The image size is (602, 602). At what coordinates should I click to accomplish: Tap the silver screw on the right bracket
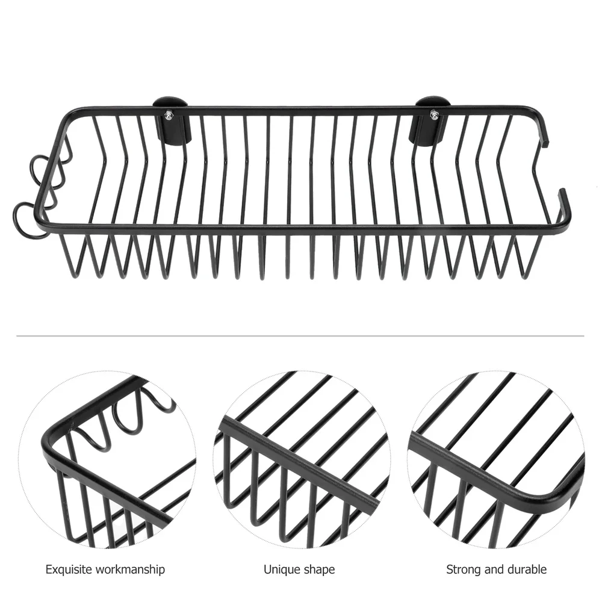(x=433, y=114)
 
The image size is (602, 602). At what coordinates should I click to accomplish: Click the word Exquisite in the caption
(x=69, y=569)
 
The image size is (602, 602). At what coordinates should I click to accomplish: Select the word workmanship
(x=130, y=569)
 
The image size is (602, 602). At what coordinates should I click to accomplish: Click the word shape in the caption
(x=320, y=570)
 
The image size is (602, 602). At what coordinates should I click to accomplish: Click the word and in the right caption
(x=494, y=569)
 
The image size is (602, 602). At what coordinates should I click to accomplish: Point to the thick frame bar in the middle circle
(x=299, y=465)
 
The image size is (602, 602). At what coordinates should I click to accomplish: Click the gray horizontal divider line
(x=300, y=336)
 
